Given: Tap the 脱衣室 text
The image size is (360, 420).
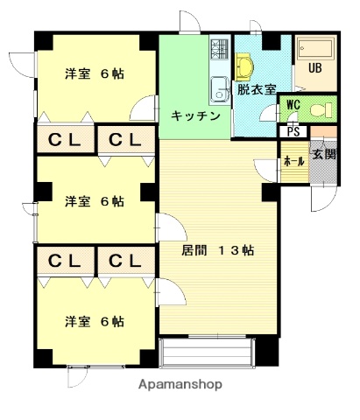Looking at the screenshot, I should tap(256, 89).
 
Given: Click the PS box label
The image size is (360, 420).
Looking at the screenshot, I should tap(291, 133).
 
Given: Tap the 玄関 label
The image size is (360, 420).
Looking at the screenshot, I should tap(323, 155).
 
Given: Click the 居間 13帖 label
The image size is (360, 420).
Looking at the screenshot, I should tap(218, 249).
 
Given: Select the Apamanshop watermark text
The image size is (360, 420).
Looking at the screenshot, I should tap(179, 383).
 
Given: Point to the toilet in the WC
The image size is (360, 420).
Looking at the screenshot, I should tap(321, 110).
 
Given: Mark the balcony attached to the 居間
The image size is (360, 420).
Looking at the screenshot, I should tap(208, 352).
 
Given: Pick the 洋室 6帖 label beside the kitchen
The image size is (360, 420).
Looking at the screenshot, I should tap(94, 73).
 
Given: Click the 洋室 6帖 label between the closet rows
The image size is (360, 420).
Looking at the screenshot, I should tap(94, 200).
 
